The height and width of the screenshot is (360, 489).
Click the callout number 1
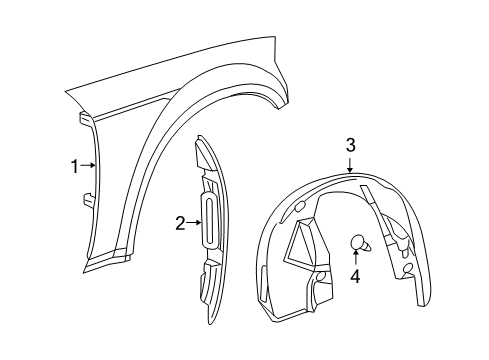point(73,167)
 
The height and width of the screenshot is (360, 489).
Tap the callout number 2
point(181,223)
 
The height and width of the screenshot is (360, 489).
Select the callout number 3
point(351,146)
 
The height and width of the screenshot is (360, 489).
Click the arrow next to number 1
point(88,167)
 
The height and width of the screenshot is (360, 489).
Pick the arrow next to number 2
point(196,223)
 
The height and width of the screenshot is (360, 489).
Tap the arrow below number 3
point(351,165)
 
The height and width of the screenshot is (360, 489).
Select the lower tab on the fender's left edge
point(88,200)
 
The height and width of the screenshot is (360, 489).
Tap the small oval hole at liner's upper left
point(300,205)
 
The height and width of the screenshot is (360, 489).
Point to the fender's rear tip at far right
point(292,100)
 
